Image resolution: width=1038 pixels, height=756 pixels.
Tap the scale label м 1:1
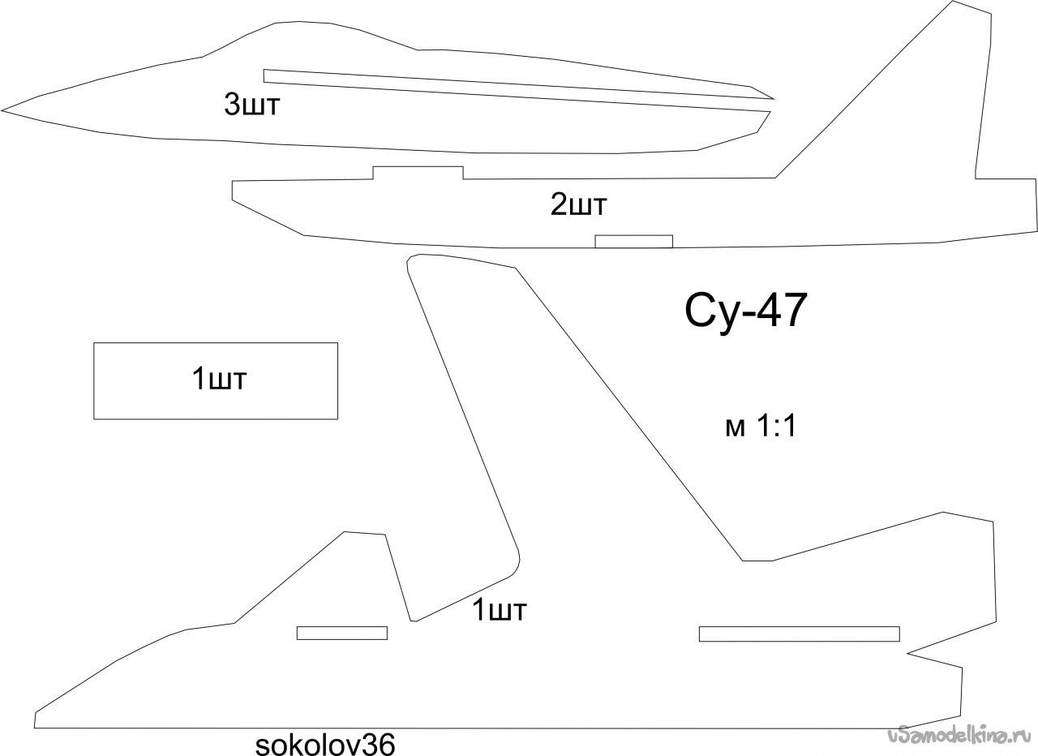tap(761, 426)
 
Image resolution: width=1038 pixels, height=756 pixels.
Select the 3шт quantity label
tap(252, 104)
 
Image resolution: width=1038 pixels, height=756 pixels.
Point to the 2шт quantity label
tap(578, 204)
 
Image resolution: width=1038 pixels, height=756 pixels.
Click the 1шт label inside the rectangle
tap(219, 378)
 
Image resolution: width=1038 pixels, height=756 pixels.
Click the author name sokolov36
tap(325, 745)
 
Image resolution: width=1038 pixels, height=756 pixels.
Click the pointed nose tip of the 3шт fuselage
tap(2, 111)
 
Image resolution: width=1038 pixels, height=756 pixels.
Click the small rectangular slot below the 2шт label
tap(633, 242)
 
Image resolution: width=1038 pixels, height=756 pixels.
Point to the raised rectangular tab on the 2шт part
tap(418, 173)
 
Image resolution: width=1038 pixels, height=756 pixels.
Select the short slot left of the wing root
tap(342, 634)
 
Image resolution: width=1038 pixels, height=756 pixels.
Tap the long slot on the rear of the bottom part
tap(800, 634)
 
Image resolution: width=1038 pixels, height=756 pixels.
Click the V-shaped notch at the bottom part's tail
tap(907, 654)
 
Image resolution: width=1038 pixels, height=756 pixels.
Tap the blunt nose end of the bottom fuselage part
tap(35, 719)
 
